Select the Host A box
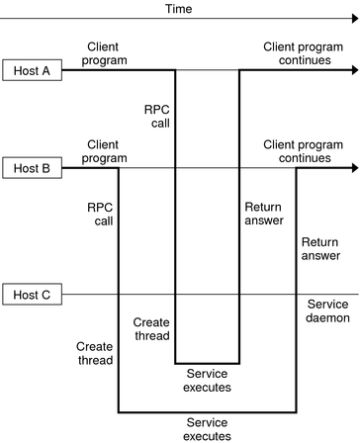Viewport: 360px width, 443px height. [x=32, y=70]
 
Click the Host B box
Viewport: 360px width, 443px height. [x=32, y=168]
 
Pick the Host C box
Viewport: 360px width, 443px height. [x=32, y=294]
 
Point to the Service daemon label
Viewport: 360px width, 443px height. [x=330, y=310]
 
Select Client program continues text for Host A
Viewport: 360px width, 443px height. [x=307, y=53]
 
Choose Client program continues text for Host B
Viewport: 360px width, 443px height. [x=307, y=151]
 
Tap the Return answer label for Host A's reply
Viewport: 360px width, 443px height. [x=260, y=215]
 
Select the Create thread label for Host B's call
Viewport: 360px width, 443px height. [x=95, y=354]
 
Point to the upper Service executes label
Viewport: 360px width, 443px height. [x=208, y=380]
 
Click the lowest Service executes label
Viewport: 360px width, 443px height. [x=208, y=428]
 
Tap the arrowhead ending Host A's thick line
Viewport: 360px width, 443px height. [x=353, y=70]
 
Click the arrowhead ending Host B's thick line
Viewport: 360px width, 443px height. [x=353, y=168]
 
